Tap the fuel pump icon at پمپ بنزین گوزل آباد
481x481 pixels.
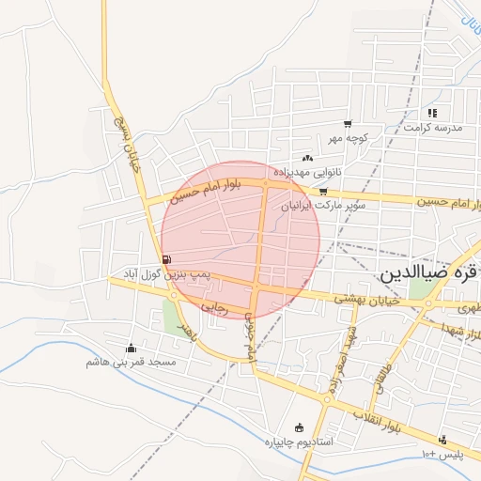tap(166, 259)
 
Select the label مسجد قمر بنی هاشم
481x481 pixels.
tap(132, 362)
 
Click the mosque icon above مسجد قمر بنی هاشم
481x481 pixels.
tap(131, 348)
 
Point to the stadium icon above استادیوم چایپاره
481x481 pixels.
tap(300, 427)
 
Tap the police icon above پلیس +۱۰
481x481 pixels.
tap(442, 440)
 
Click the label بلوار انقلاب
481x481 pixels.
tap(385, 417)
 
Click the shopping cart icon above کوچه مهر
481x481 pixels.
tap(348, 124)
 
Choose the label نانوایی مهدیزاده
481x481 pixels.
tap(309, 173)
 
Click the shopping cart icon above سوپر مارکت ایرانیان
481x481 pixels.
tap(323, 191)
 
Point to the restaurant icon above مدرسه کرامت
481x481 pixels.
tap(432, 113)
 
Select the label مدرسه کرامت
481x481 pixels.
tap(431, 127)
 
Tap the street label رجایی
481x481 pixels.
tap(216, 305)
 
